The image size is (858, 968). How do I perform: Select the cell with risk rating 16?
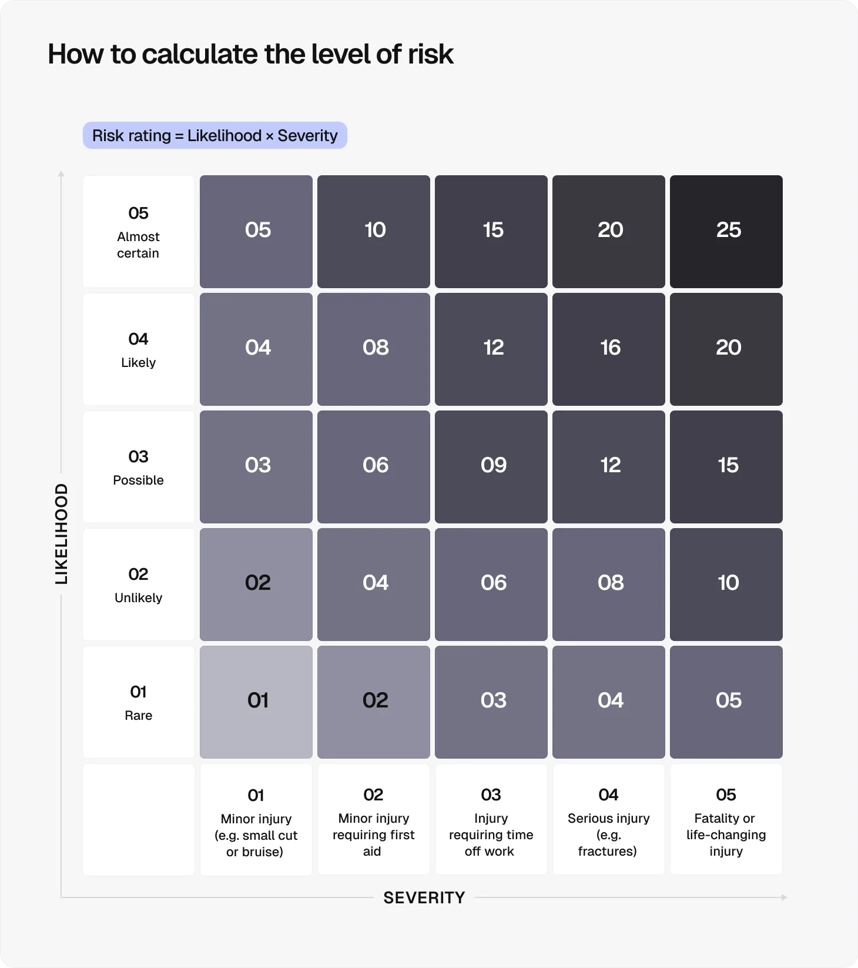pos(609,349)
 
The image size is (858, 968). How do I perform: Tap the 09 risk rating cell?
pos(491,466)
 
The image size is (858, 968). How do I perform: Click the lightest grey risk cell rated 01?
pos(256,702)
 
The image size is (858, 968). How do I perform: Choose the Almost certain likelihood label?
pos(139,232)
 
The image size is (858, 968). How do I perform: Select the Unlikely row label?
pos(139,585)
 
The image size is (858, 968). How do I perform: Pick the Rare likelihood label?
pos(139,702)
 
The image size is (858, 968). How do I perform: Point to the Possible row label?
pos(139,467)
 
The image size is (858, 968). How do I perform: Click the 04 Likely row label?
pos(139,349)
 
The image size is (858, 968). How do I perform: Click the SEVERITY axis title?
pos(424,897)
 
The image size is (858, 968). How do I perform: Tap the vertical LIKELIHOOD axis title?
pos(61,534)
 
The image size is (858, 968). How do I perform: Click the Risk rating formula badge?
pos(215,135)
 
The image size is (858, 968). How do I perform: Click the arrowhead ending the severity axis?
pos(784,897)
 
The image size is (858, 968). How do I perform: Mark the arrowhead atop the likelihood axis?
pos(61,173)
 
